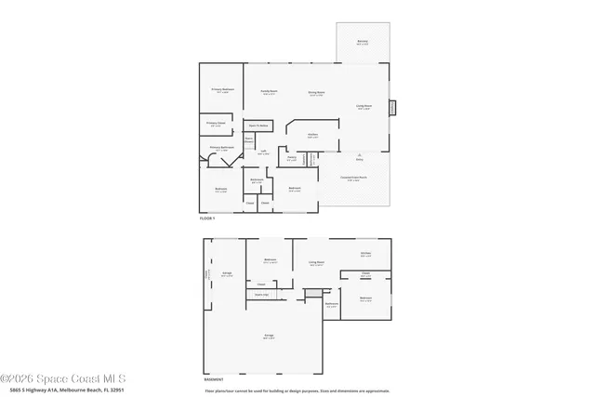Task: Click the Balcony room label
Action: [363, 42]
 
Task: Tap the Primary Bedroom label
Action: [222, 91]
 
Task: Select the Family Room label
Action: [270, 92]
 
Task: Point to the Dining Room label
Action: [316, 93]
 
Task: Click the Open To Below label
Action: [258, 126]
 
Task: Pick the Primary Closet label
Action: [217, 123]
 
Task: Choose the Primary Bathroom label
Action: [220, 148]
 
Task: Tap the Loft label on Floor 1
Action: [263, 153]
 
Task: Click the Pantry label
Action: [291, 158]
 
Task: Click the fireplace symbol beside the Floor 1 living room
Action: [392, 107]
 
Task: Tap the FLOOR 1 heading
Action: [207, 218]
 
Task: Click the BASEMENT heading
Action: [214, 379]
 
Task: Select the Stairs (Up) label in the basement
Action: [261, 295]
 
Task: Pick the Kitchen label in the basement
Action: [366, 254]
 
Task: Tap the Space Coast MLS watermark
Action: [62, 378]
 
